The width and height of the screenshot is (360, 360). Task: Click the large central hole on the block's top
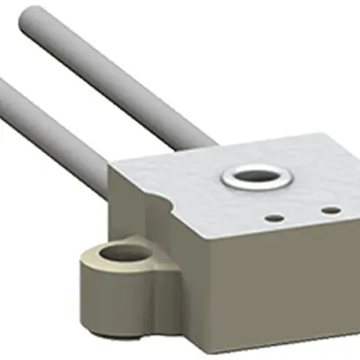pos(257,177)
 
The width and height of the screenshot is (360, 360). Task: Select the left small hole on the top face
pos(276,216)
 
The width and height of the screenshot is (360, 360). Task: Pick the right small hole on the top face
pos(331,211)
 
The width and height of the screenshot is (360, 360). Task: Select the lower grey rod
pos(53,123)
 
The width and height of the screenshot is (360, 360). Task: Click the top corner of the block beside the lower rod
pos(111,168)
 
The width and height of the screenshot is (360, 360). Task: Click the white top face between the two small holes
pos(303,214)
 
